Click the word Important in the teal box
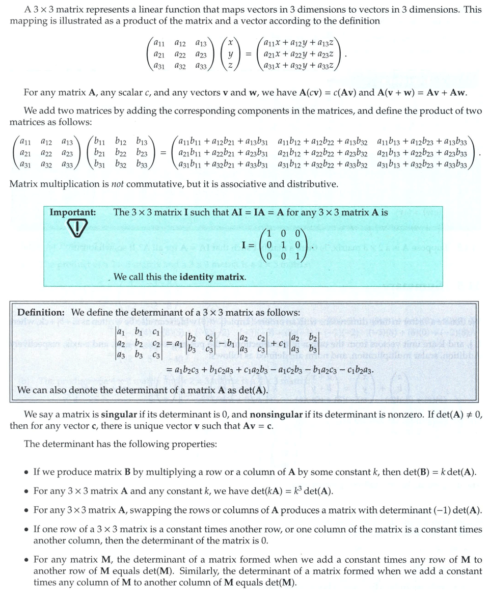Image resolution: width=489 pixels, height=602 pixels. pos(72,212)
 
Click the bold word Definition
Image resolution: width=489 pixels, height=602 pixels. pos(41,312)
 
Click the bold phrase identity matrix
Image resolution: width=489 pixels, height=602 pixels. pos(213,277)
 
